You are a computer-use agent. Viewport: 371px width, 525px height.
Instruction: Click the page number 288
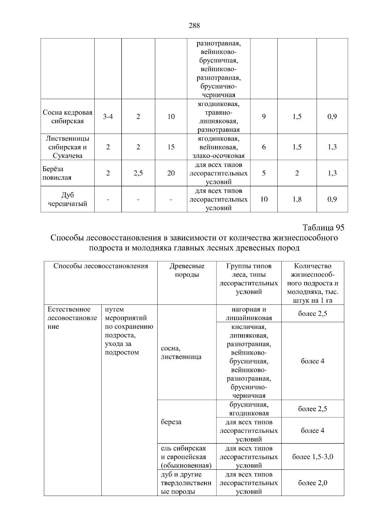click(x=194, y=26)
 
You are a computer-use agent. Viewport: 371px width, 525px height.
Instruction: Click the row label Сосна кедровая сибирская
click(x=67, y=117)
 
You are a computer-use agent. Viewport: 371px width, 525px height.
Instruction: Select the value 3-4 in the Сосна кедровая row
click(x=108, y=117)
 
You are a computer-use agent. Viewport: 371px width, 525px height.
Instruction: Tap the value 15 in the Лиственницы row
click(x=171, y=147)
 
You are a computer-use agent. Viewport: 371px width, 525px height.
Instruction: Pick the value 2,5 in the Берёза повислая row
click(x=138, y=173)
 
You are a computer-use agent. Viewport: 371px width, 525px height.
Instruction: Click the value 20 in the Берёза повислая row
click(x=171, y=173)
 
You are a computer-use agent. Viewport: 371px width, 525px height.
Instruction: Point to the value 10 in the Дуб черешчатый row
click(x=264, y=199)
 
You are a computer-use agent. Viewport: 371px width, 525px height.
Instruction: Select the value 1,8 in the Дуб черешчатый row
click(x=297, y=199)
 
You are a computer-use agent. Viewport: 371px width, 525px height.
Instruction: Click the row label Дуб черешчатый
click(x=67, y=199)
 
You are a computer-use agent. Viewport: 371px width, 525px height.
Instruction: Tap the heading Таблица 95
click(x=323, y=228)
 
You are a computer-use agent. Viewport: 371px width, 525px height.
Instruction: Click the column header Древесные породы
click(x=187, y=270)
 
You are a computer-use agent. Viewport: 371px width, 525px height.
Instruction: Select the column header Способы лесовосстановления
click(x=101, y=266)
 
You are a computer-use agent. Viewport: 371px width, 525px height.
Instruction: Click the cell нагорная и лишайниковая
click(x=249, y=314)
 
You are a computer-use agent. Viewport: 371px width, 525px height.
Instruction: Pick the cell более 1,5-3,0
click(x=313, y=457)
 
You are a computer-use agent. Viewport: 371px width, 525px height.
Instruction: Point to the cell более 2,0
click(x=313, y=483)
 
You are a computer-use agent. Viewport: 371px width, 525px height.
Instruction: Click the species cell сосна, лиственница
click(x=181, y=352)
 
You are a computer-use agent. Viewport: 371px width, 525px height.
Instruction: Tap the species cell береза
click(x=171, y=422)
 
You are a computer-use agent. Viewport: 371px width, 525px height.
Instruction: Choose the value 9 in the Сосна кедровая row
click(x=264, y=117)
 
